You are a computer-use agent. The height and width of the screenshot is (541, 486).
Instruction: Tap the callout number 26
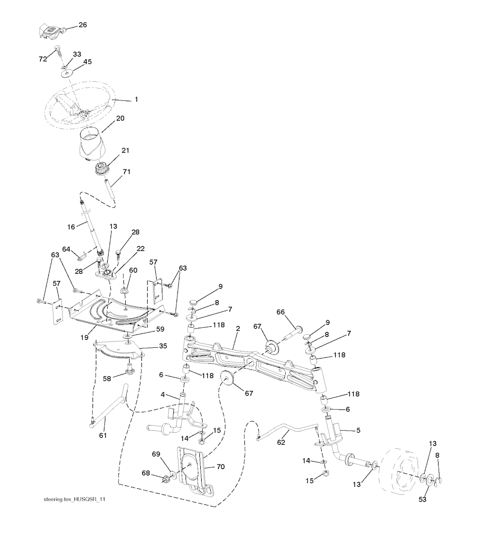83,25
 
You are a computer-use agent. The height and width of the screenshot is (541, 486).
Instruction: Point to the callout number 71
127,171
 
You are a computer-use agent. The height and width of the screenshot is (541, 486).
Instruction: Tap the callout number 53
421,499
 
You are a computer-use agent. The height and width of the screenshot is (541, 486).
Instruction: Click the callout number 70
220,467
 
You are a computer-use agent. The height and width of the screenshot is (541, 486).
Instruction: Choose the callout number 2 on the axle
237,329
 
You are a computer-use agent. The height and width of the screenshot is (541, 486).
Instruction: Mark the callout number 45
87,62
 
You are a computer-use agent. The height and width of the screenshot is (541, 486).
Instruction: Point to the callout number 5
358,431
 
